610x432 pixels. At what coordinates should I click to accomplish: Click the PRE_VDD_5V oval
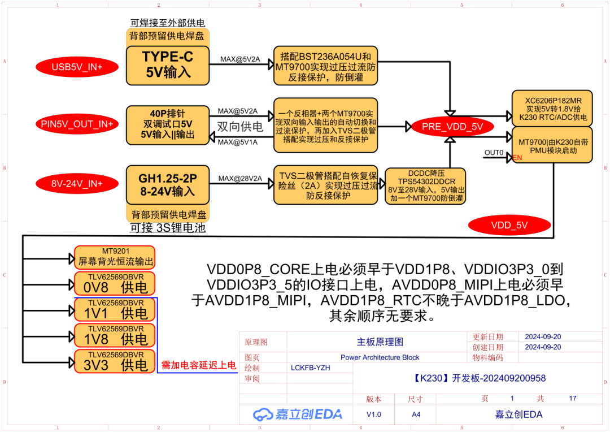[452, 127]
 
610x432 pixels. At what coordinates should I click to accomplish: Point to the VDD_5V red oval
[509, 224]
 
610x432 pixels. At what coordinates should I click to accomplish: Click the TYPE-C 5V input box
[167, 64]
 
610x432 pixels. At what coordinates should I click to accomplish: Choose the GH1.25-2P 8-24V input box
[167, 184]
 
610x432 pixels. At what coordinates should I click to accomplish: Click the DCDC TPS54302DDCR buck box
[425, 186]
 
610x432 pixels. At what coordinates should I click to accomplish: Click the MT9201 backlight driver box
[115, 257]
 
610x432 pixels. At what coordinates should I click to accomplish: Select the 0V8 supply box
[115, 283]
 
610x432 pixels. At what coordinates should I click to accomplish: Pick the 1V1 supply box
[115, 309]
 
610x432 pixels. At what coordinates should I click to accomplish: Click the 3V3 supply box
[115, 361]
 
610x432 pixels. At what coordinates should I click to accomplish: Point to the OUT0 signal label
[493, 153]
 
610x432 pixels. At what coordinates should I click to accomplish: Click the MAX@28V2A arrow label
[240, 179]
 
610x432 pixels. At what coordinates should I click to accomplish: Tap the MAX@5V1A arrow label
[237, 142]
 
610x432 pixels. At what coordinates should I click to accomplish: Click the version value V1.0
[373, 414]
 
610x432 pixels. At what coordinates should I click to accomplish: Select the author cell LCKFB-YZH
[310, 368]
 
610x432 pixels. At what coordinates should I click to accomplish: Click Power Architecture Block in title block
[380, 357]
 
